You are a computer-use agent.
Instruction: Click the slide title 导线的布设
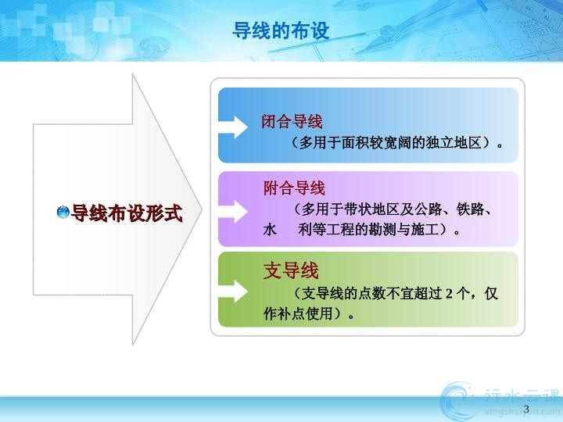(281, 30)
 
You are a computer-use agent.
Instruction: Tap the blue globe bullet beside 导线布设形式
(63, 212)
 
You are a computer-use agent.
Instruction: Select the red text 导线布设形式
(127, 213)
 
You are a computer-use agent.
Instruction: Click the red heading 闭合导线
(292, 122)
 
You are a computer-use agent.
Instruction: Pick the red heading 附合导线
(294, 188)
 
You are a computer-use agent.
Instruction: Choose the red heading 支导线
(291, 270)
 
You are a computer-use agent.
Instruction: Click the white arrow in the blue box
(233, 127)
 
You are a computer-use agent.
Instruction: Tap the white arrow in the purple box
(233, 211)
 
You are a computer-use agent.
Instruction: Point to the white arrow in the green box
(233, 291)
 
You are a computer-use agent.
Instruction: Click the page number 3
(527, 409)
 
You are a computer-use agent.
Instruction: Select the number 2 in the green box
(449, 294)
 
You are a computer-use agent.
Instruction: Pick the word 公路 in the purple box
(428, 209)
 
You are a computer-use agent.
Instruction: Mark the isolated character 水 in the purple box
(270, 229)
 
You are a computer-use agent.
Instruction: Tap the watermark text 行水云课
(522, 396)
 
